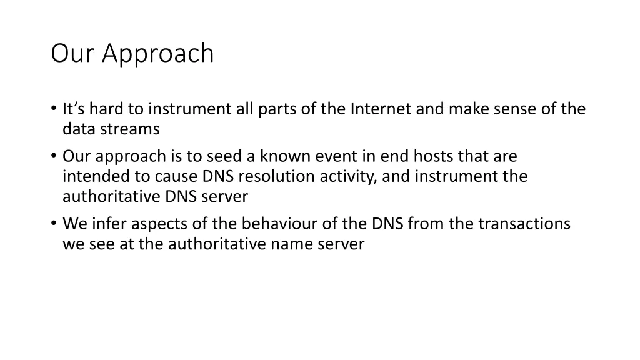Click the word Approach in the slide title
point(158,54)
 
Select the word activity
point(347,176)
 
